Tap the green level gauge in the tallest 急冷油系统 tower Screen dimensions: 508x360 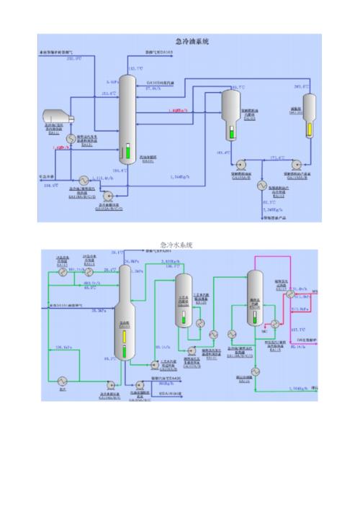(127, 153)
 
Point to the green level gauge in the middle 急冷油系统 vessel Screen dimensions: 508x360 (232, 132)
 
